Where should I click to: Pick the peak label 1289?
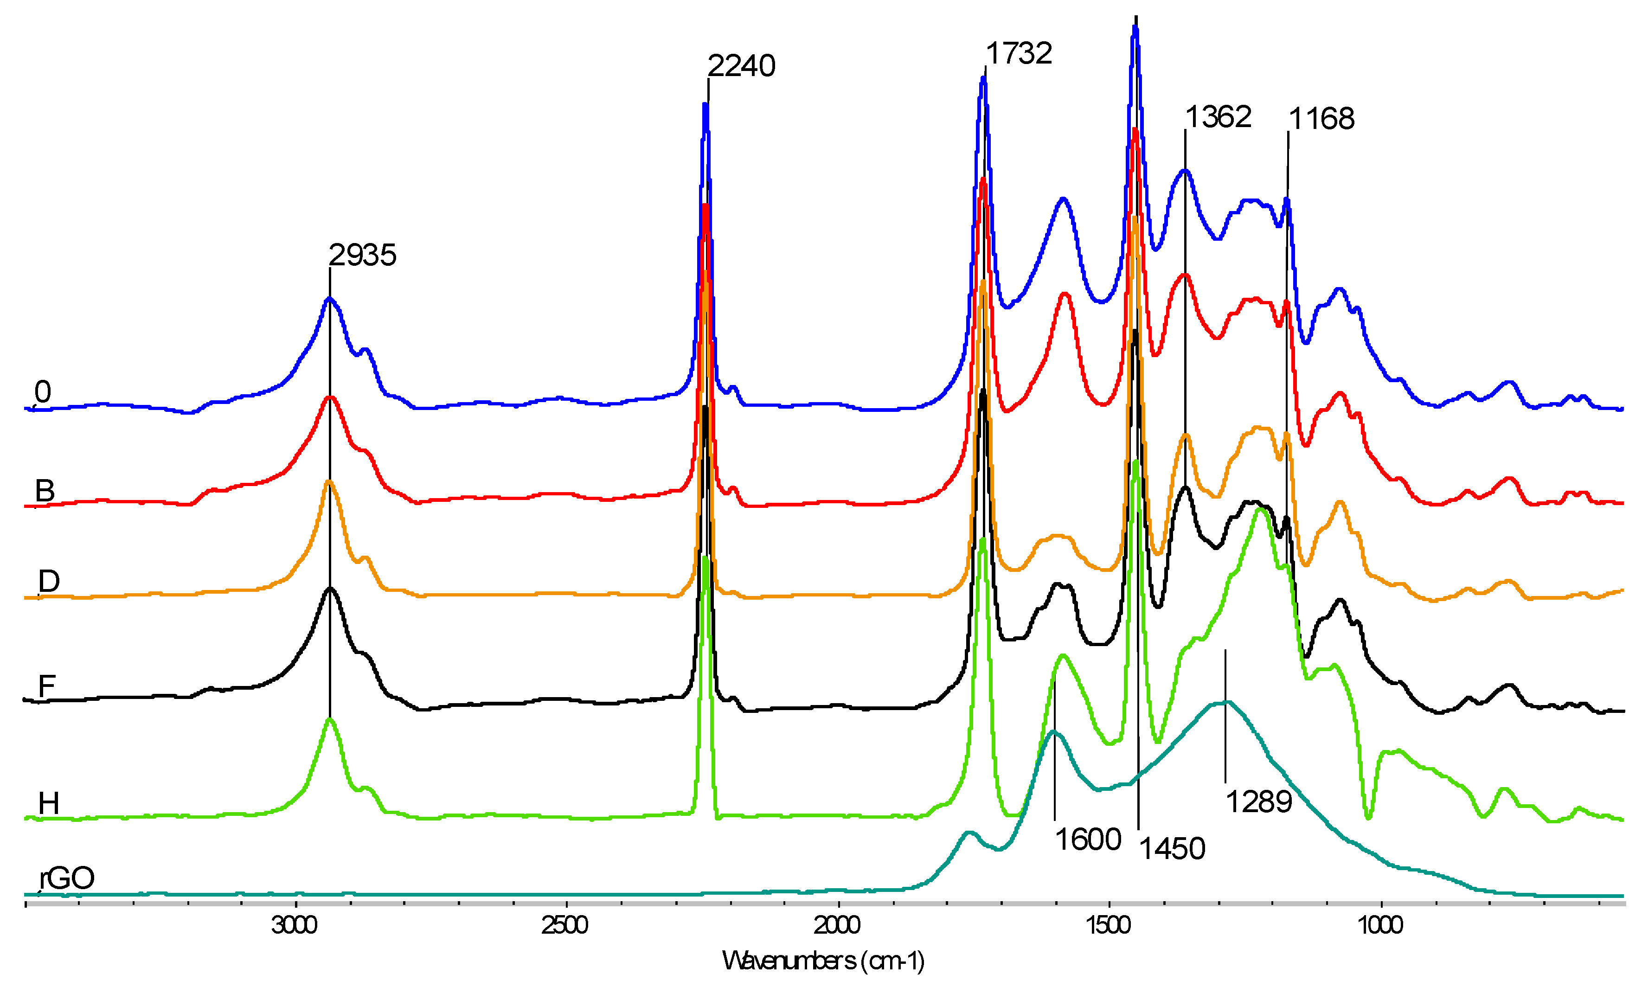click(1258, 802)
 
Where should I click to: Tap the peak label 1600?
click(1088, 840)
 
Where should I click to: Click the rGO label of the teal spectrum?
click(67, 878)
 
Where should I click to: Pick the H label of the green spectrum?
click(49, 803)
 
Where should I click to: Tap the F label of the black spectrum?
click(46, 686)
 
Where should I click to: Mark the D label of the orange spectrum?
click(49, 581)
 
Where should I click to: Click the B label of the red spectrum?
click(45, 491)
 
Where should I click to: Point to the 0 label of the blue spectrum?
click(43, 392)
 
